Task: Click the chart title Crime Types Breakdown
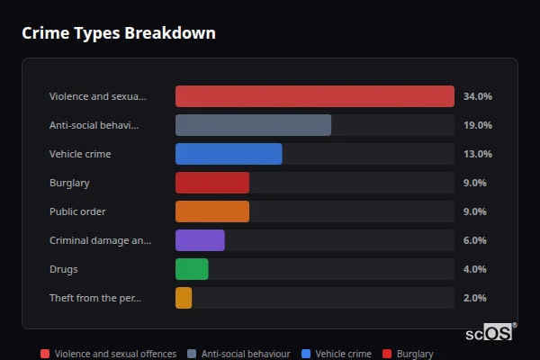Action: [119, 33]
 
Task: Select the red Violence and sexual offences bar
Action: [314, 96]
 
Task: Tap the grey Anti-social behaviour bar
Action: [253, 125]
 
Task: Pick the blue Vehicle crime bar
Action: [229, 154]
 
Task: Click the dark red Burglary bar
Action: [212, 183]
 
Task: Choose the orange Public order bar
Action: [212, 211]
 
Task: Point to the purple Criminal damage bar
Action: [200, 240]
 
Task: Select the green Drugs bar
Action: [192, 269]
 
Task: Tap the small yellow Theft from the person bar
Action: [184, 298]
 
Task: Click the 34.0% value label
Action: [477, 96]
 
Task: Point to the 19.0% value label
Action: [477, 125]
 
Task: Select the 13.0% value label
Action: [477, 154]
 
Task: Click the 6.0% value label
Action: [474, 240]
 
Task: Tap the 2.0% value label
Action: [474, 298]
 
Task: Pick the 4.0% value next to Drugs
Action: [474, 269]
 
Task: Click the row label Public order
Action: [77, 211]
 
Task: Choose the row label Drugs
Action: [63, 269]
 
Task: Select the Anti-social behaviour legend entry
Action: [238, 355]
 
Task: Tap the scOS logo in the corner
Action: [490, 332]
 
